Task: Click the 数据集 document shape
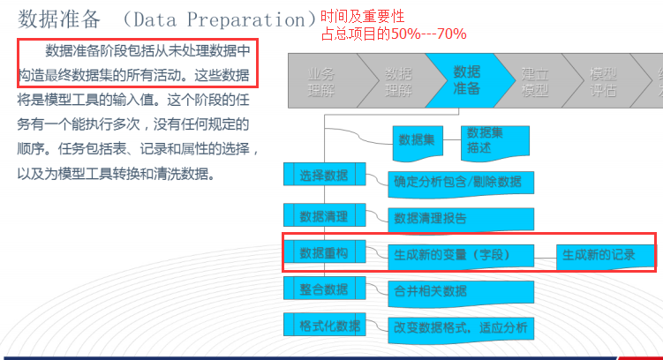click(418, 139)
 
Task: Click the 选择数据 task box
click(324, 175)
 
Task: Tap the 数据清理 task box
click(324, 215)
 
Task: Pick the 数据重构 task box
click(324, 253)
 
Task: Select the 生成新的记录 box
click(598, 256)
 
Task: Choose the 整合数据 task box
click(324, 289)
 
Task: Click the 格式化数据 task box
click(324, 325)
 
